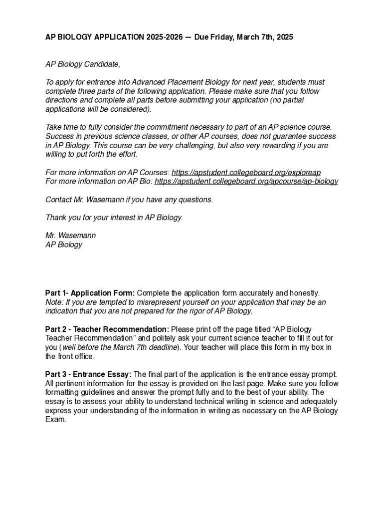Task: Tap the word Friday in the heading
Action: (x=221, y=37)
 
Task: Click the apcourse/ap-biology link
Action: (x=246, y=181)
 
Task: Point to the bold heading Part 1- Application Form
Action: (x=90, y=293)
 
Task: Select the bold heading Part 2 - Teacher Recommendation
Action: (x=107, y=329)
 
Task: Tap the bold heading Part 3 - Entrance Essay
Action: (x=88, y=374)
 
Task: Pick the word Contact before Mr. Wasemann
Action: (x=58, y=200)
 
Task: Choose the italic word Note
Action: (x=54, y=302)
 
